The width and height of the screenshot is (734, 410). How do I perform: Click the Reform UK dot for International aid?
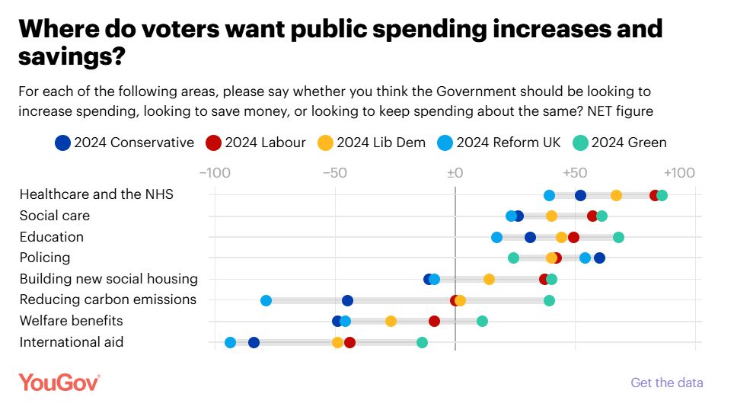point(230,342)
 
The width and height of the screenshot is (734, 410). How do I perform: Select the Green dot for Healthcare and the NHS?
point(662,195)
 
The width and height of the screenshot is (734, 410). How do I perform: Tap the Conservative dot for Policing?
point(599,258)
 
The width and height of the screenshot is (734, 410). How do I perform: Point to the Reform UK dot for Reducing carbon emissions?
point(266,300)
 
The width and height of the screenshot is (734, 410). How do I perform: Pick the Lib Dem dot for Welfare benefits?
point(391,321)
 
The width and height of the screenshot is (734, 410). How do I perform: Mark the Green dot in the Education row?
point(618,237)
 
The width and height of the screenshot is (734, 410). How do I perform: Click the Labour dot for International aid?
point(349,342)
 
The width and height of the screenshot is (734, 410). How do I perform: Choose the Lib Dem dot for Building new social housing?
point(489,279)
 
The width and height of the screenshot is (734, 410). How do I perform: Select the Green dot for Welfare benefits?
point(482,321)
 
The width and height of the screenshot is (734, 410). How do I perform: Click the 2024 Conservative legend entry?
point(125,142)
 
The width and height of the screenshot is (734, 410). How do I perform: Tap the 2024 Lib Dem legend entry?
point(371,142)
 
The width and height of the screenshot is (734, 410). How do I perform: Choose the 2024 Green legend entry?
point(618,142)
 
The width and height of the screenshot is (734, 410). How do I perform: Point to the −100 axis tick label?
point(214,172)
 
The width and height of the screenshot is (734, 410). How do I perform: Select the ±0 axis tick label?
point(455,172)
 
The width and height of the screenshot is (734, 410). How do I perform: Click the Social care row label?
point(55,216)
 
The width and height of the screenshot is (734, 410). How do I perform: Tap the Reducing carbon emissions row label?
point(108,299)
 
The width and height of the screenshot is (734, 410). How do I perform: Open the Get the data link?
point(667,383)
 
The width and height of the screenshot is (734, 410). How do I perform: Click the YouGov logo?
point(59,382)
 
